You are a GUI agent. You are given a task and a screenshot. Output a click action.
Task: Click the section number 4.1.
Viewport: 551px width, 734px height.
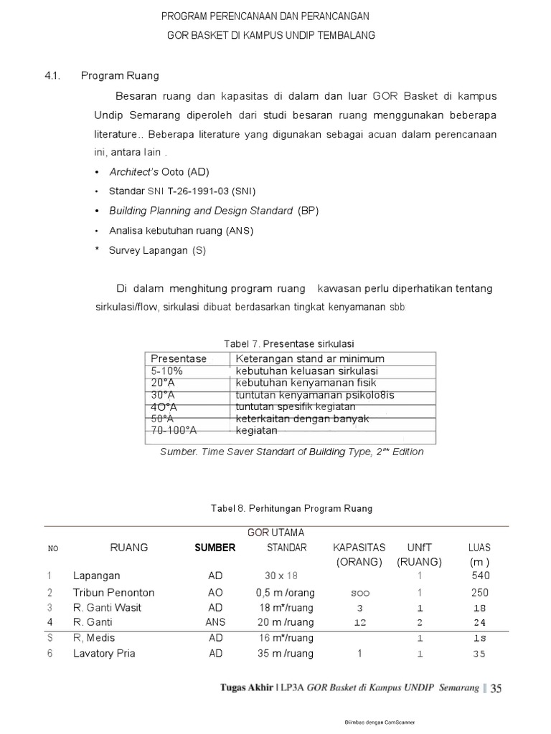pyautogui.click(x=50, y=75)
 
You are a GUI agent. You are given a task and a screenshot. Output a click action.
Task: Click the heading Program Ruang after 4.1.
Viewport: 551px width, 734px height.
pyautogui.click(x=120, y=75)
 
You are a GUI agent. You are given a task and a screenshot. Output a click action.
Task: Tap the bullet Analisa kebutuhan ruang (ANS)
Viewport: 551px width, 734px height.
pyautogui.click(x=181, y=231)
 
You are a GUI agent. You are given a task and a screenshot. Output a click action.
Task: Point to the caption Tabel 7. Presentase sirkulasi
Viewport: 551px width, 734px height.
pyautogui.click(x=290, y=343)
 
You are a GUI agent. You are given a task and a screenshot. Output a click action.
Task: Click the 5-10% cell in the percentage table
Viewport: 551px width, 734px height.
pyautogui.click(x=166, y=371)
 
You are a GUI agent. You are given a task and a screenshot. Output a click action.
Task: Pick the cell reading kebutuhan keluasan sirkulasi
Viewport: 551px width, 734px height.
pyautogui.click(x=306, y=371)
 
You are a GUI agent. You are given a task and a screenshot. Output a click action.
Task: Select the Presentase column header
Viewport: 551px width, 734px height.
pyautogui.click(x=178, y=358)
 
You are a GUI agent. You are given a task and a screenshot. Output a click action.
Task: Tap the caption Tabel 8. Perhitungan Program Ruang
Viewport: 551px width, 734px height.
pyautogui.click(x=291, y=508)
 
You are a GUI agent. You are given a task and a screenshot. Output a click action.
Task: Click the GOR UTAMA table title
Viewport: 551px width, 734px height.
pyautogui.click(x=275, y=533)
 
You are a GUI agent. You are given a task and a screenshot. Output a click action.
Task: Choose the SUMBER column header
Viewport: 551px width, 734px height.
pyautogui.click(x=215, y=548)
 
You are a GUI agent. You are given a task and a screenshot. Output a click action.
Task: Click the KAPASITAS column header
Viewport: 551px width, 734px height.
pyautogui.click(x=359, y=548)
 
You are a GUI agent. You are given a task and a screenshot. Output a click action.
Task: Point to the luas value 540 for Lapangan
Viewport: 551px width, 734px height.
pyautogui.click(x=480, y=576)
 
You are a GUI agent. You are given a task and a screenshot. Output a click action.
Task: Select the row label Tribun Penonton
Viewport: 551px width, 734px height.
pyautogui.click(x=113, y=593)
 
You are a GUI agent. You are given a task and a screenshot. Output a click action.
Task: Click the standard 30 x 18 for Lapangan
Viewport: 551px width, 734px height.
pyautogui.click(x=281, y=576)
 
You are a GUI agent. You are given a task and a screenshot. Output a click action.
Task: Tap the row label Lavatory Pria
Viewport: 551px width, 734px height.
pyautogui.click(x=104, y=653)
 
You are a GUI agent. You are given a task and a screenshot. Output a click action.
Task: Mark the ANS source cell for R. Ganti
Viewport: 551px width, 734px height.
pyautogui.click(x=215, y=622)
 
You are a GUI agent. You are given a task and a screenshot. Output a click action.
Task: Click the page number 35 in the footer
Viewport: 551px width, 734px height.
pyautogui.click(x=495, y=689)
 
